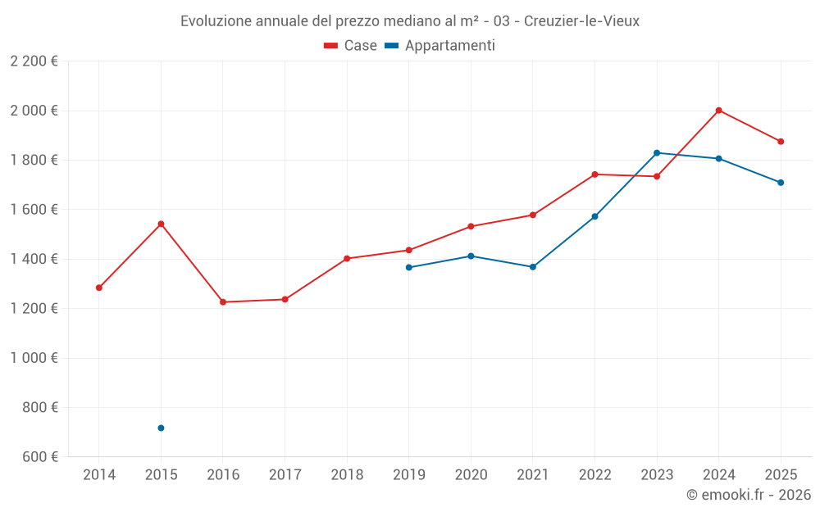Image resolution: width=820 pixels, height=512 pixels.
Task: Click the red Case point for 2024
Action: [718, 111]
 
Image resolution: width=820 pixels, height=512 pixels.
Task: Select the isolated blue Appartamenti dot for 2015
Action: [161, 428]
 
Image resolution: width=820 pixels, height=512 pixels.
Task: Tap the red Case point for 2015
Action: [161, 224]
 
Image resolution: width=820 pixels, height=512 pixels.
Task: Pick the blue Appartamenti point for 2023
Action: [657, 153]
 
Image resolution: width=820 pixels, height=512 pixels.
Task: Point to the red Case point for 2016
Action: [223, 302]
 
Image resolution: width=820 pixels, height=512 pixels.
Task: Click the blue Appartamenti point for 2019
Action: [409, 267]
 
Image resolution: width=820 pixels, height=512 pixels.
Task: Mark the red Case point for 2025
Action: [781, 142]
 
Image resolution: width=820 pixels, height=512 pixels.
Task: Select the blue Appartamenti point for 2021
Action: [533, 267]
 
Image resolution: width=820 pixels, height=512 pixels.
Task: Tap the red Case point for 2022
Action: [594, 174]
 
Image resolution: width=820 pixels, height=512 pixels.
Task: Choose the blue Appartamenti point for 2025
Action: [781, 183]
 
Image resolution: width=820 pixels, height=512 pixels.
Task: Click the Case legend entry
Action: [351, 46]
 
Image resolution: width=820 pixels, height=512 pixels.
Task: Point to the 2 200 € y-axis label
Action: [34, 61]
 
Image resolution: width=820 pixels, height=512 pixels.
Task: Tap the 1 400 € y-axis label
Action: [34, 259]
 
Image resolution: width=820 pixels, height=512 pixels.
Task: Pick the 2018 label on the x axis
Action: [347, 475]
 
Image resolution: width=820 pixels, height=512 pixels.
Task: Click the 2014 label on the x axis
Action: [99, 475]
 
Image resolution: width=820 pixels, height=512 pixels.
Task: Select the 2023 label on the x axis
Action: [657, 475]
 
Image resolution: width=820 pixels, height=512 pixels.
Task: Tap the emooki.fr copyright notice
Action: [748, 495]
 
